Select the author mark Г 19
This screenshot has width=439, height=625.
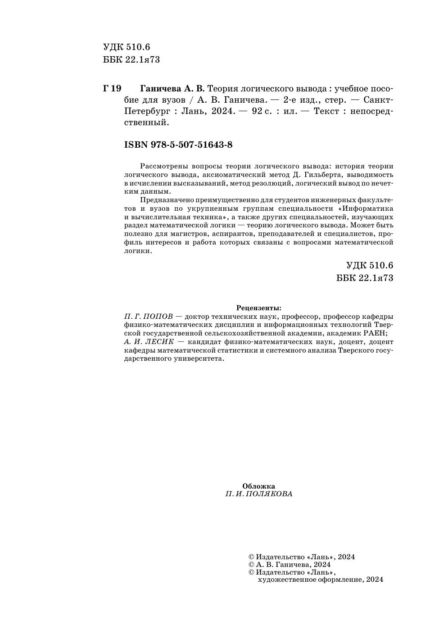pyautogui.click(x=112, y=88)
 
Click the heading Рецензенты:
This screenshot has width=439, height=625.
pyautogui.click(x=259, y=308)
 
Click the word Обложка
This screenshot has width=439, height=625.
pyautogui.click(x=258, y=486)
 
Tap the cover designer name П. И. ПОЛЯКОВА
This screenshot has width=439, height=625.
pyautogui.click(x=259, y=494)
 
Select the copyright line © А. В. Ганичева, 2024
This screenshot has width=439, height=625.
pyautogui.click(x=290, y=564)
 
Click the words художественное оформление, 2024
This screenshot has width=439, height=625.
pyautogui.click(x=320, y=580)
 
